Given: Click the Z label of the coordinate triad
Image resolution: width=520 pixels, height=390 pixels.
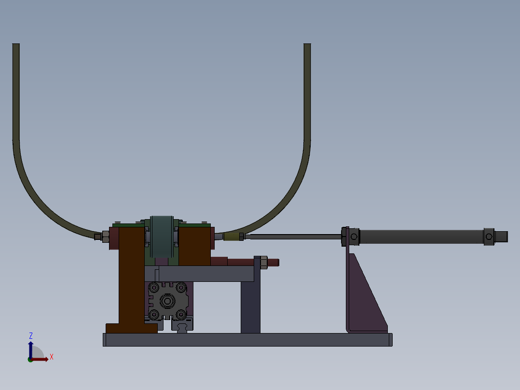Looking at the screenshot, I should (31, 335).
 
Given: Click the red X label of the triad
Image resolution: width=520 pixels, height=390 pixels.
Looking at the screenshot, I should (52, 357).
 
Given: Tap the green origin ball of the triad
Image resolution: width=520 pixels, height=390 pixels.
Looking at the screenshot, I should (30, 360).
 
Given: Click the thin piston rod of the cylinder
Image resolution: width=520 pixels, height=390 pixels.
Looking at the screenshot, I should (294, 237).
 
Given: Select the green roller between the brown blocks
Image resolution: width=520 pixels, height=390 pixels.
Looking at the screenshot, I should (162, 237).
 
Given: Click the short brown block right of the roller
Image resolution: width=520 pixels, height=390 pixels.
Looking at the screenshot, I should (194, 246).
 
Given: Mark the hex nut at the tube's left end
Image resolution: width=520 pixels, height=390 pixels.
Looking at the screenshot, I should (105, 237).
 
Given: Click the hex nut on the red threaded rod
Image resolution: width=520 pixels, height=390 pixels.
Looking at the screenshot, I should (263, 263).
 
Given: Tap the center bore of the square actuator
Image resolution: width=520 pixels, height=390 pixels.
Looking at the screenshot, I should (167, 301).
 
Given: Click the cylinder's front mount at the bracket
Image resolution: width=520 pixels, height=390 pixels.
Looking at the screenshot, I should (352, 236).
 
